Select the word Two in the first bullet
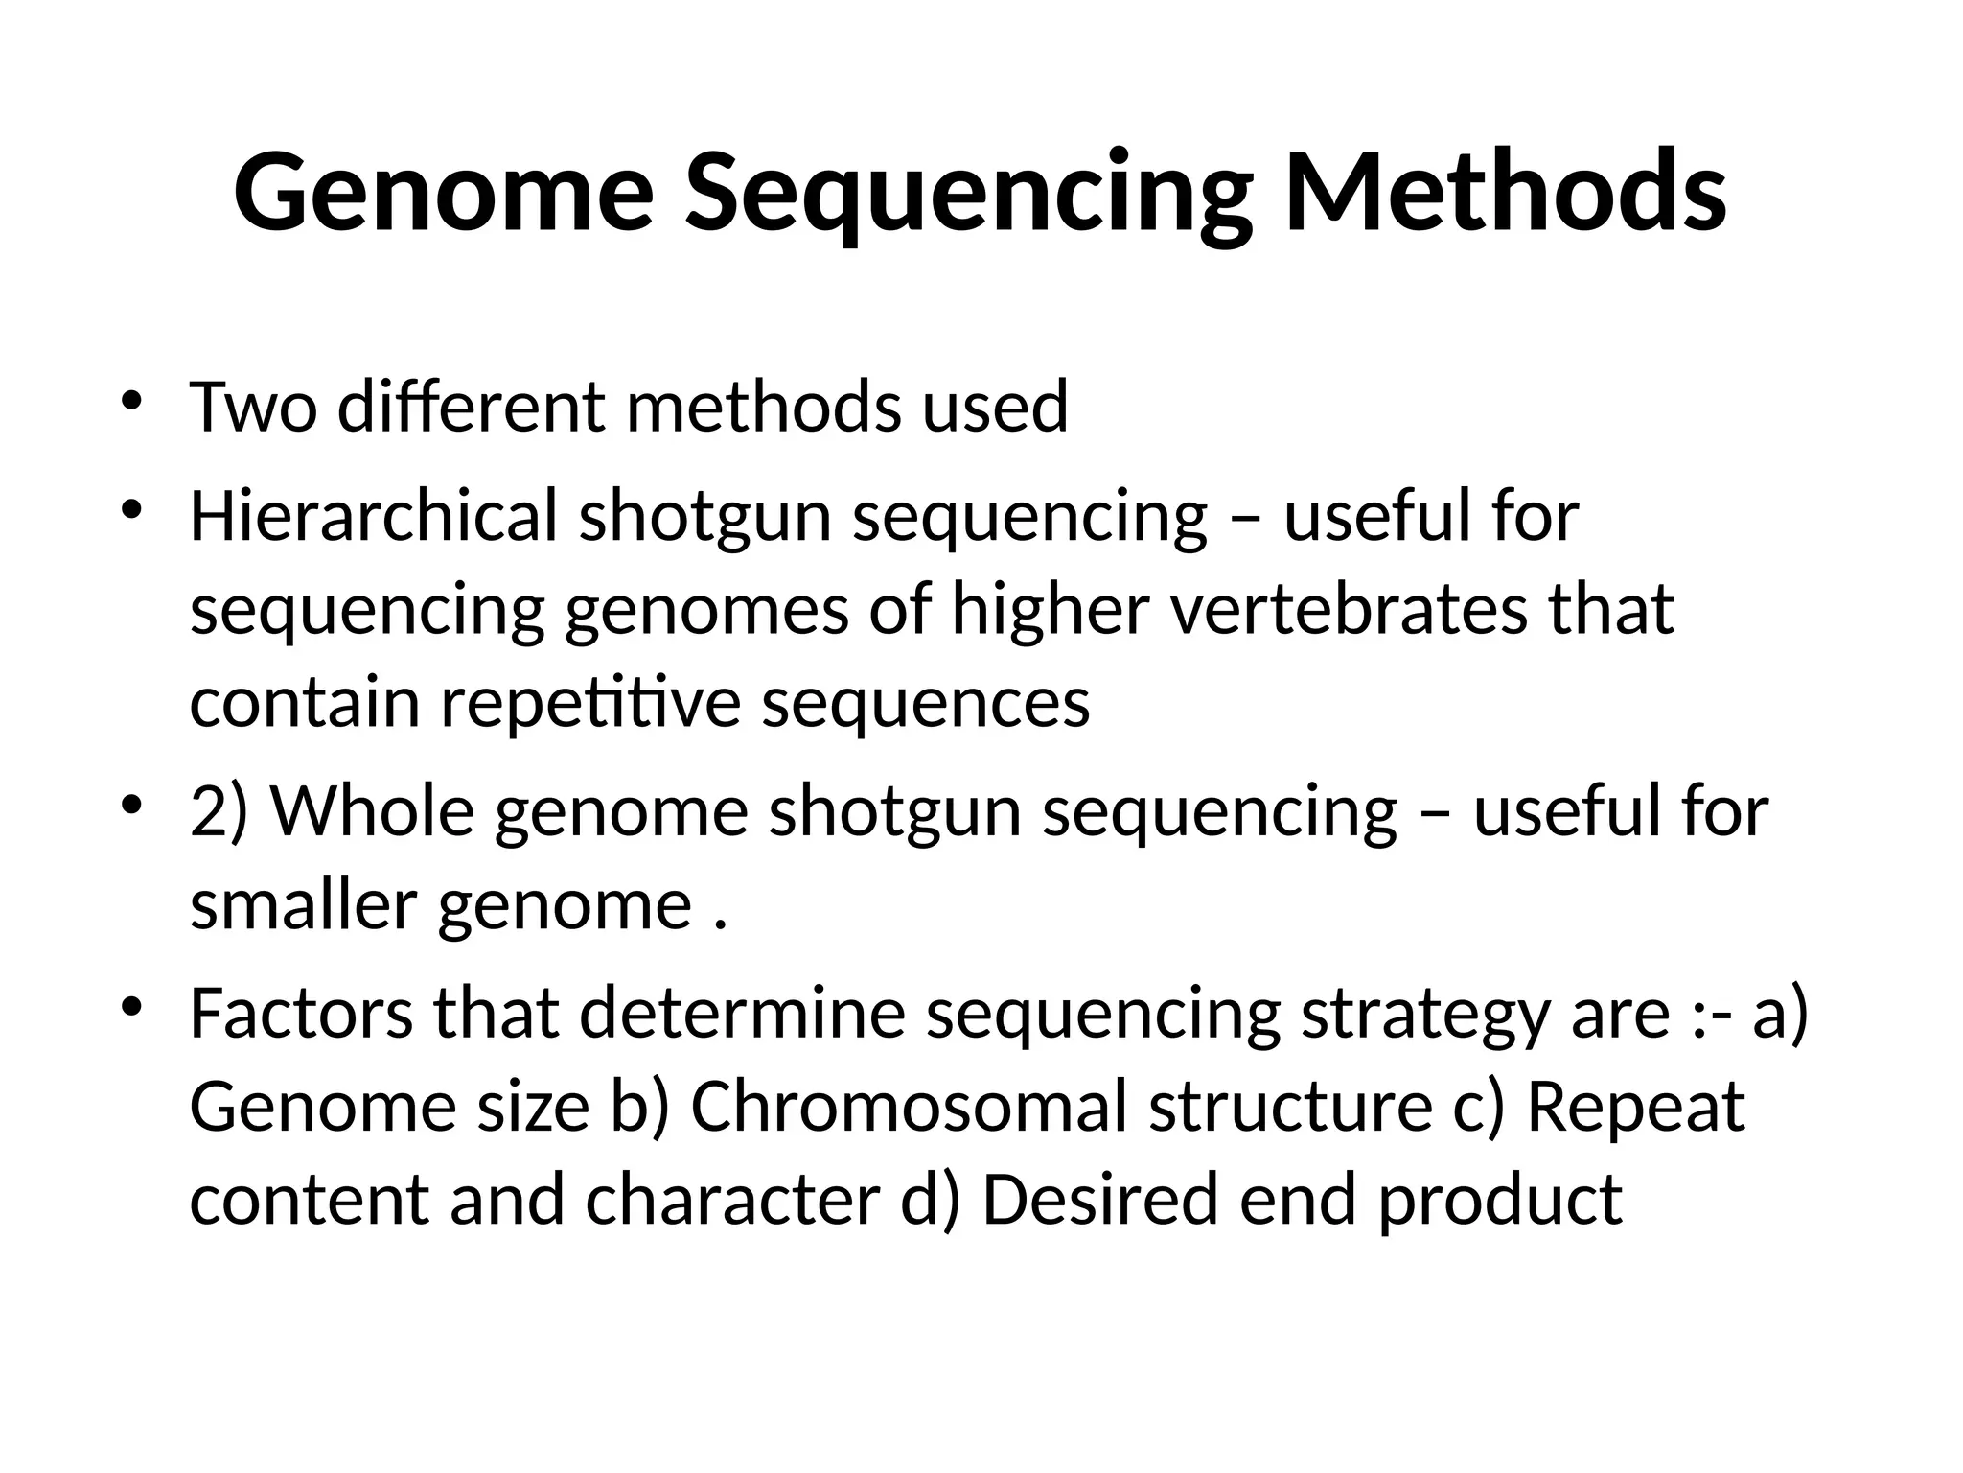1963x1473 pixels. click(253, 407)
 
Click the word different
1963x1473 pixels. click(471, 407)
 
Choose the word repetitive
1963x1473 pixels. click(590, 704)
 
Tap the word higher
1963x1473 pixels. click(1050, 610)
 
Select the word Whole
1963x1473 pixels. click(373, 811)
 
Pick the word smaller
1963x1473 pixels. click(303, 905)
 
